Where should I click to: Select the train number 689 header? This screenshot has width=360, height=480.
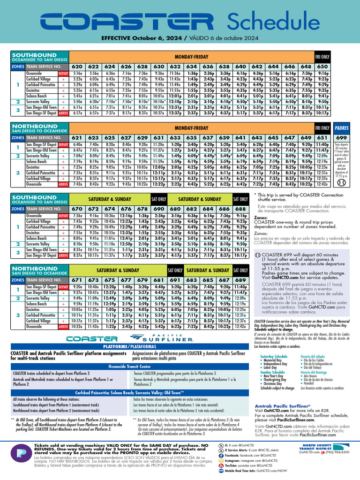point(240,280)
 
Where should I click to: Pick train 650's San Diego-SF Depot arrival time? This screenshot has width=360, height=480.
point(322,113)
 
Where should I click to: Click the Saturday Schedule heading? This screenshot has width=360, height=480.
point(274,357)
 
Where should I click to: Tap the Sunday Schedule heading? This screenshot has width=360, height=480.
point(273,372)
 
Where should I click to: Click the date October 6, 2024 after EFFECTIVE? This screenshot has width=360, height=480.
point(157,38)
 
